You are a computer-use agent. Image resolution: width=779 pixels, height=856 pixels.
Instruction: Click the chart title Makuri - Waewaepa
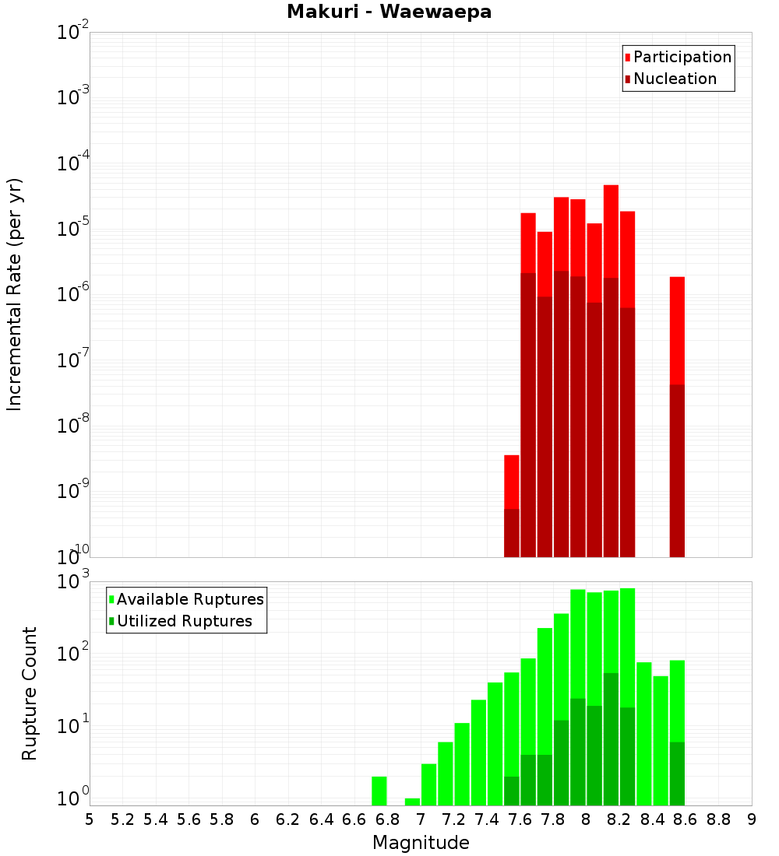pyautogui.click(x=389, y=12)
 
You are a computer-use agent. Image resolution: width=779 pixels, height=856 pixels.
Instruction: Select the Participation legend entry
pyautogui.click(x=682, y=57)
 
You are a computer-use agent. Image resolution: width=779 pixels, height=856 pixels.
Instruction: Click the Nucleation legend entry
pyautogui.click(x=674, y=79)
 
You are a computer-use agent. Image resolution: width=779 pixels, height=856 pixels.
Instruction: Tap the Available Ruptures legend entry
pyautogui.click(x=189, y=599)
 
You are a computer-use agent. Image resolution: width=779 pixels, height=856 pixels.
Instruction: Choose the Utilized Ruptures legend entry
pyautogui.click(x=183, y=621)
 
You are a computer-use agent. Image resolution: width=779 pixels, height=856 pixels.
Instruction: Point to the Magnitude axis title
pyautogui.click(x=421, y=842)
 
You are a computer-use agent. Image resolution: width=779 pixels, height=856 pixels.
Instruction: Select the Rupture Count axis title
pyautogui.click(x=30, y=693)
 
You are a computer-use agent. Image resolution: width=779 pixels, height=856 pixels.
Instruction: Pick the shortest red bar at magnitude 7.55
pyautogui.click(x=512, y=482)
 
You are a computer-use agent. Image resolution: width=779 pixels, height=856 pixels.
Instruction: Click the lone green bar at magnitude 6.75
pyautogui.click(x=379, y=791)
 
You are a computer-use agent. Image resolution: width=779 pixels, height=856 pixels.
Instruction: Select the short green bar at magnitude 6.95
pyautogui.click(x=412, y=802)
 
